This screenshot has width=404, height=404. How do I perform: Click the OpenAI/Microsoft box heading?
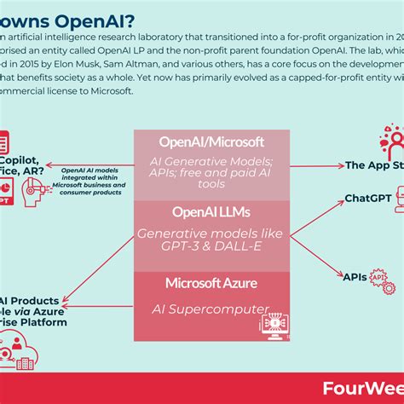(x=212, y=142)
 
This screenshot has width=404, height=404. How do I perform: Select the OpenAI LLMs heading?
(x=212, y=211)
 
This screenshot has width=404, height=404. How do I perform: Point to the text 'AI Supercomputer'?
(x=212, y=309)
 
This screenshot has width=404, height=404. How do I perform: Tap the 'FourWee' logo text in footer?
(x=366, y=384)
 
